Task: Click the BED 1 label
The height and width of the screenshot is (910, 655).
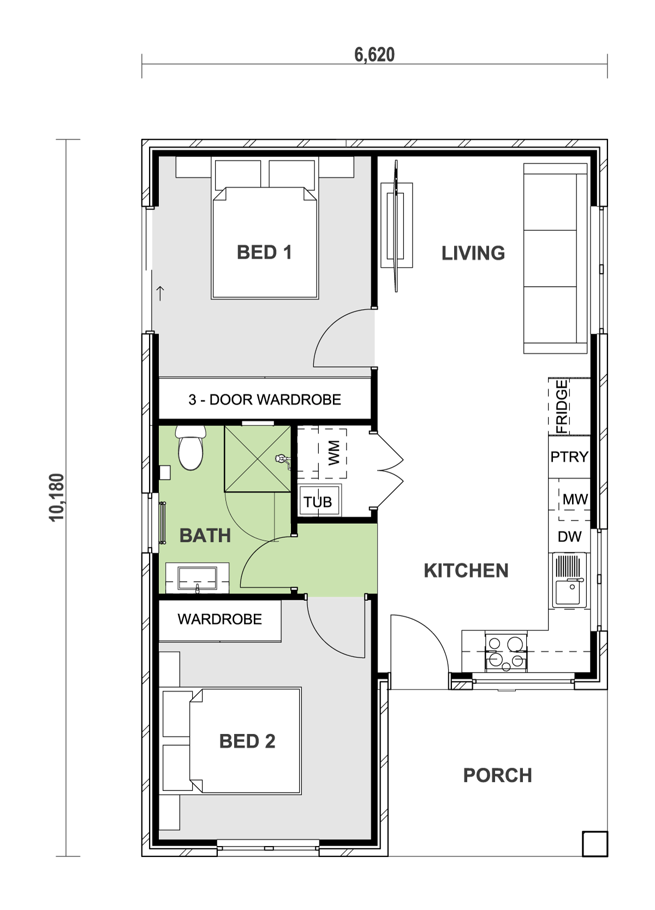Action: click(264, 252)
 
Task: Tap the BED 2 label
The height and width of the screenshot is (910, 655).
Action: click(247, 741)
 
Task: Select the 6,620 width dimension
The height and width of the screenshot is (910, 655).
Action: click(374, 55)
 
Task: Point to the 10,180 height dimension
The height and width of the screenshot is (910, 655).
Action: click(57, 498)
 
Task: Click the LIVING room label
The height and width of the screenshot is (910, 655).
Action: click(473, 253)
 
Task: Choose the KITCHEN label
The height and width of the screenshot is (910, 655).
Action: click(466, 571)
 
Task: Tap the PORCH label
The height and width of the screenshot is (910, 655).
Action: click(497, 775)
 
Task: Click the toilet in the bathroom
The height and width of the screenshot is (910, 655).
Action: click(190, 449)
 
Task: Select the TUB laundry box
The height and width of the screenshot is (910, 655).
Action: click(319, 501)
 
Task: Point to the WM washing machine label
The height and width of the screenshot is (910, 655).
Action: click(334, 452)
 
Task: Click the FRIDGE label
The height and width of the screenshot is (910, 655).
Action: click(562, 406)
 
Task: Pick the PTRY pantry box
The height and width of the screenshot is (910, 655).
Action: click(569, 457)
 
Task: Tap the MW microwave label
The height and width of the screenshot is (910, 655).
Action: click(575, 499)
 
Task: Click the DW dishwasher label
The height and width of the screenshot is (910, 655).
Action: click(569, 537)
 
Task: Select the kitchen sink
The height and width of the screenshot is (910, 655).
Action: click(569, 581)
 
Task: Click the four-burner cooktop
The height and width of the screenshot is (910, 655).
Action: click(506, 652)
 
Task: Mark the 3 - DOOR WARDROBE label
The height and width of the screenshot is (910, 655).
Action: click(265, 400)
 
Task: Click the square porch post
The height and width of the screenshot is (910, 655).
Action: click(594, 843)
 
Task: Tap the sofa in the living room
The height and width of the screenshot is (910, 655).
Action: click(555, 258)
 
